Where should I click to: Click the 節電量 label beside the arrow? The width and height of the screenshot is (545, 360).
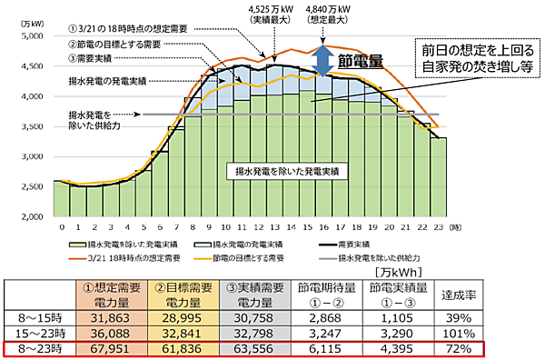361,62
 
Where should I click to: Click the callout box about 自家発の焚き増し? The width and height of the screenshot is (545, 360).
470,56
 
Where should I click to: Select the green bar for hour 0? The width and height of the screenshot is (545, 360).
61,199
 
